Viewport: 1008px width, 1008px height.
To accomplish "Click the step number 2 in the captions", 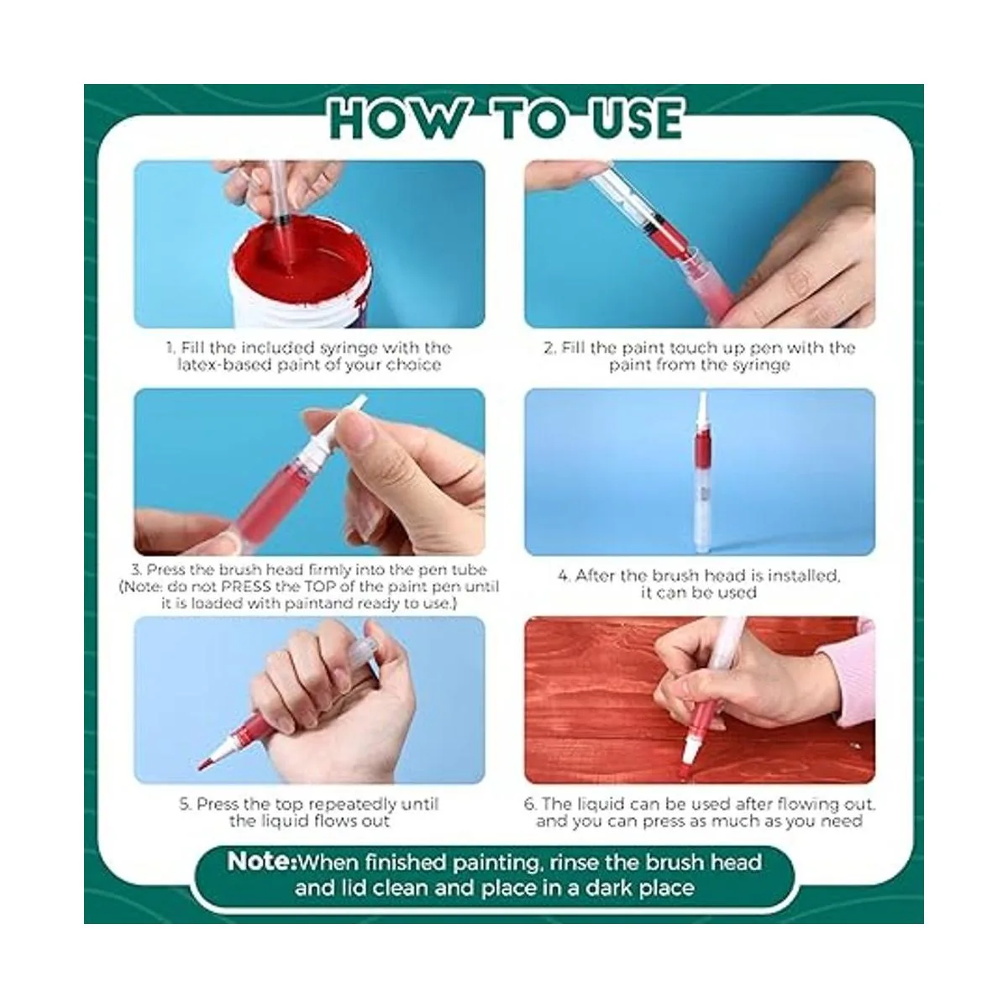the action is [549, 348].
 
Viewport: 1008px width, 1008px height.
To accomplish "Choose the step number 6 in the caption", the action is [530, 804].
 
